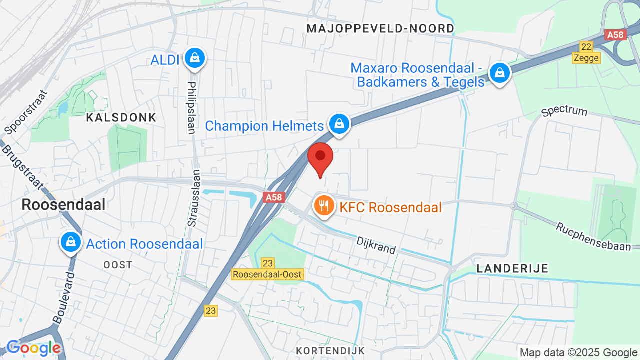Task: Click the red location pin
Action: (320, 158)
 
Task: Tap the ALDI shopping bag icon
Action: (194, 59)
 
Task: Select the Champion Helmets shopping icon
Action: (339, 124)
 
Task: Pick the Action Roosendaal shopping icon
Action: (71, 242)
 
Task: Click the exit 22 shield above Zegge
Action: (586, 47)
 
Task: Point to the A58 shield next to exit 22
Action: (615, 35)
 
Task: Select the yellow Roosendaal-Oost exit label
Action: (267, 274)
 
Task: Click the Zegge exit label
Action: (586, 58)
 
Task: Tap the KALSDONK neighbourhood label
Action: (121, 118)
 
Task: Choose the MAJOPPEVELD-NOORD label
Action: (380, 28)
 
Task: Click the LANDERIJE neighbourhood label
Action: (512, 268)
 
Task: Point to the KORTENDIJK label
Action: (330, 351)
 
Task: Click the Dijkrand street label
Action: (376, 245)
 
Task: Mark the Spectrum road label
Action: (564, 110)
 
